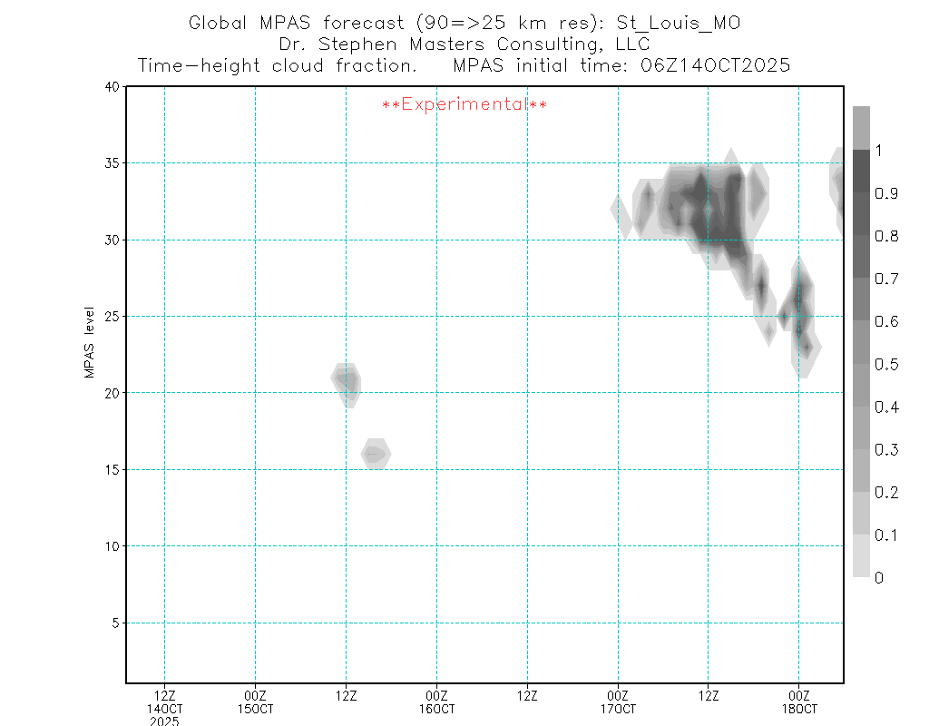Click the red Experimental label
(x=464, y=105)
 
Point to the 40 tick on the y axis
(x=112, y=87)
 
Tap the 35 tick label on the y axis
(x=112, y=163)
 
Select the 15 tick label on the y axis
(x=112, y=470)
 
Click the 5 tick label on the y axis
(x=115, y=623)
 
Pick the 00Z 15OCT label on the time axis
(x=255, y=701)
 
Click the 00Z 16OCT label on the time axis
(x=436, y=701)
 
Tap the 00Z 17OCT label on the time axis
(x=618, y=701)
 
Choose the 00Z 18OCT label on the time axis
(x=798, y=701)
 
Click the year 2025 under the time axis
(x=164, y=721)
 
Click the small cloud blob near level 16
(x=376, y=454)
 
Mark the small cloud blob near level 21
(x=347, y=381)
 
